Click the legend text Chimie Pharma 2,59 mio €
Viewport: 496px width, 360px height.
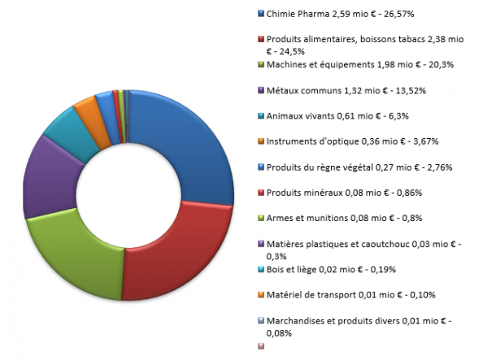point(342,14)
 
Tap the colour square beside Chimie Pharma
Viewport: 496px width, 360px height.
point(260,14)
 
